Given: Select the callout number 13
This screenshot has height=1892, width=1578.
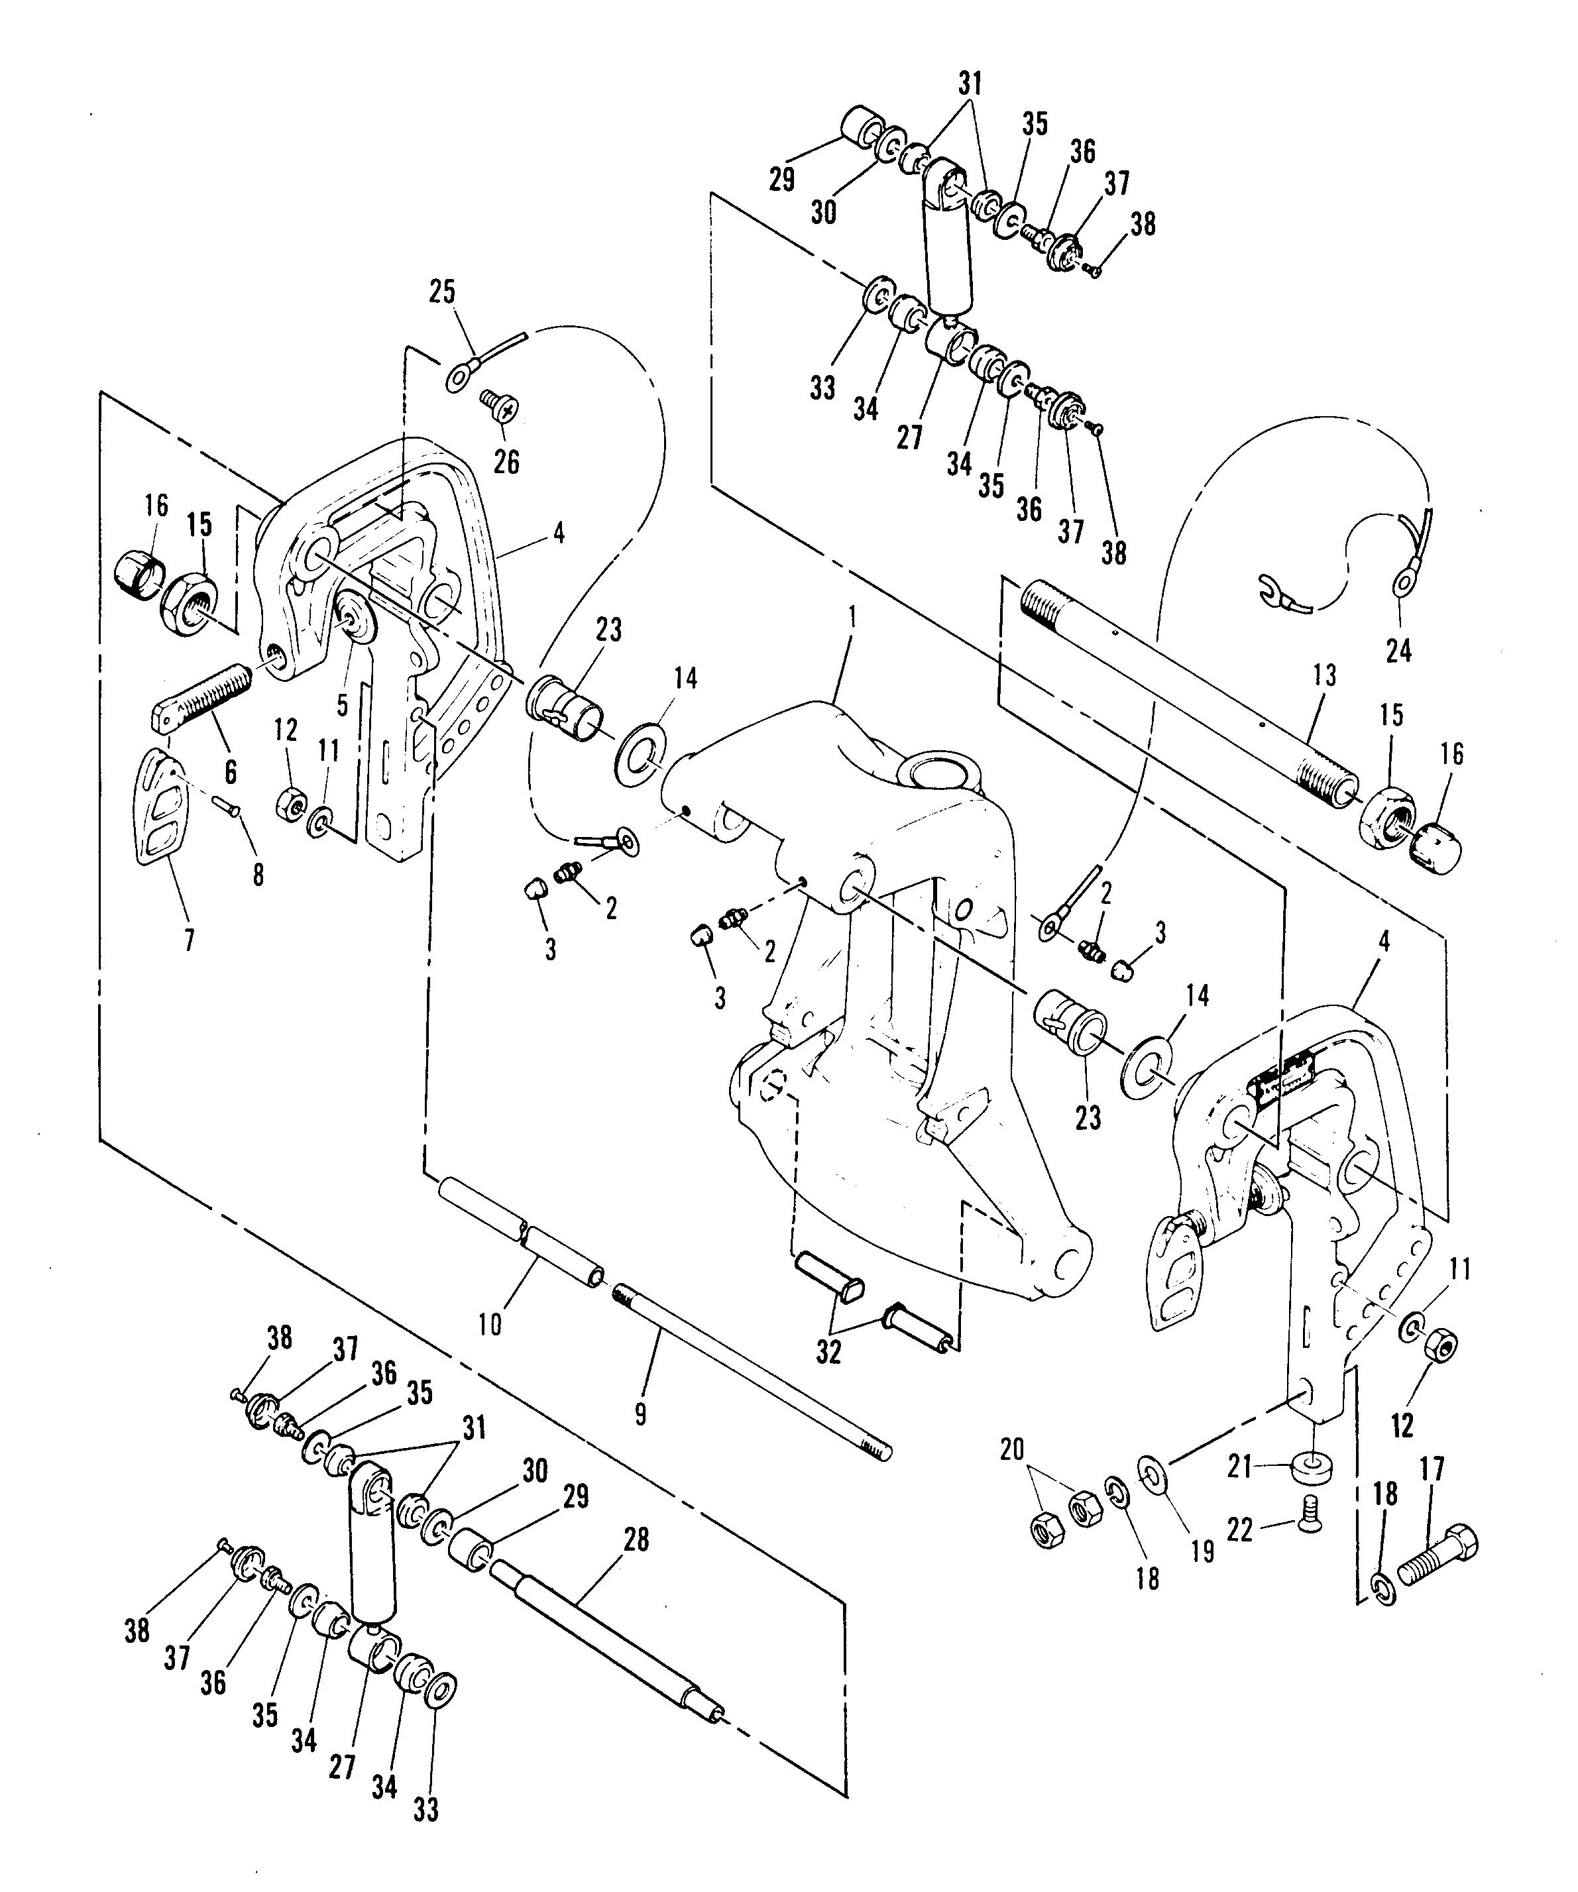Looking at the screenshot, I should [x=1324, y=676].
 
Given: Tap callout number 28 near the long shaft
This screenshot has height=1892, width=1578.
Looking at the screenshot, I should [x=636, y=1539].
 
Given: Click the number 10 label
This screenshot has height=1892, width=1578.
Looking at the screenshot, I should [x=490, y=1324].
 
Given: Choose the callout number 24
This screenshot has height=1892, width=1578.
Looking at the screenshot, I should [x=1398, y=651].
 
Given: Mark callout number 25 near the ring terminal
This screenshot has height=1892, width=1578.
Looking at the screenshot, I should [x=441, y=292].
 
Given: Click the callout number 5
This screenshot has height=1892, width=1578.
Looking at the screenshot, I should [x=341, y=704].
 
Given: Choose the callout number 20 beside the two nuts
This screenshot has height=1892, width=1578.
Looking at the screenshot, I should [x=1012, y=1449].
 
